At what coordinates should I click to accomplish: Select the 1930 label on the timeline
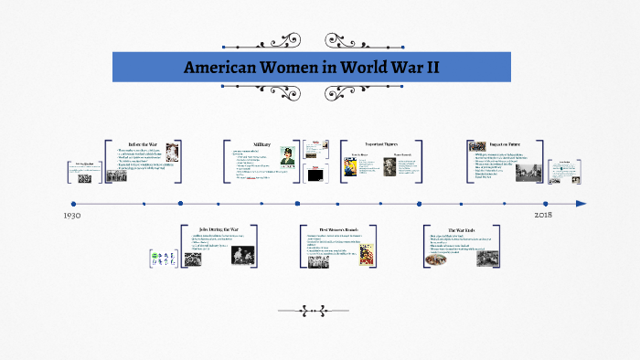(x=73, y=216)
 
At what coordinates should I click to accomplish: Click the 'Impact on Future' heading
(x=504, y=144)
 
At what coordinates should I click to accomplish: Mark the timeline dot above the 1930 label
(x=73, y=204)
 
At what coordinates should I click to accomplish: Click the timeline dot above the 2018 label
(x=546, y=204)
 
